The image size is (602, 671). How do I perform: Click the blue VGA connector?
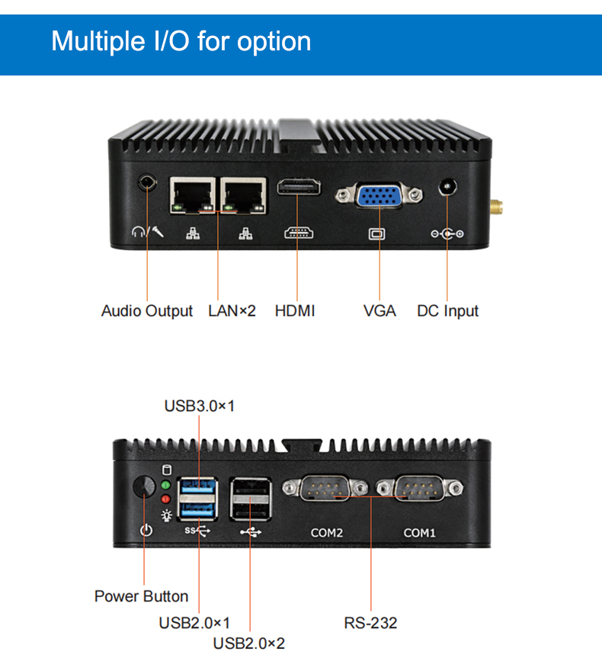pos(379,196)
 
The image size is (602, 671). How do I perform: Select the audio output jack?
pos(147,184)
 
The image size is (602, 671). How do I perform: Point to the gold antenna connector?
pos(495,207)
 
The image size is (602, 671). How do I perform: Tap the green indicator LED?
pos(166,485)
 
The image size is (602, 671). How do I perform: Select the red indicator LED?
pos(166,499)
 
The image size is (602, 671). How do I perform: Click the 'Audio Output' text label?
pos(147,311)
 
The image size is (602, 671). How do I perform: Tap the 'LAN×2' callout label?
pos(232,311)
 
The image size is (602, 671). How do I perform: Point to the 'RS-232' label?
pos(370,623)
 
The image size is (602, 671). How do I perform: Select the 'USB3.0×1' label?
pos(200,406)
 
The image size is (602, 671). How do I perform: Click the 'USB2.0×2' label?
pos(248,644)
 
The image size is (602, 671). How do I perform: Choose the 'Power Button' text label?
pos(141,596)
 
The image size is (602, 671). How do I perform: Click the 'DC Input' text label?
pos(448,311)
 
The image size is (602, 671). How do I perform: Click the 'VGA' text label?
pos(379,311)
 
